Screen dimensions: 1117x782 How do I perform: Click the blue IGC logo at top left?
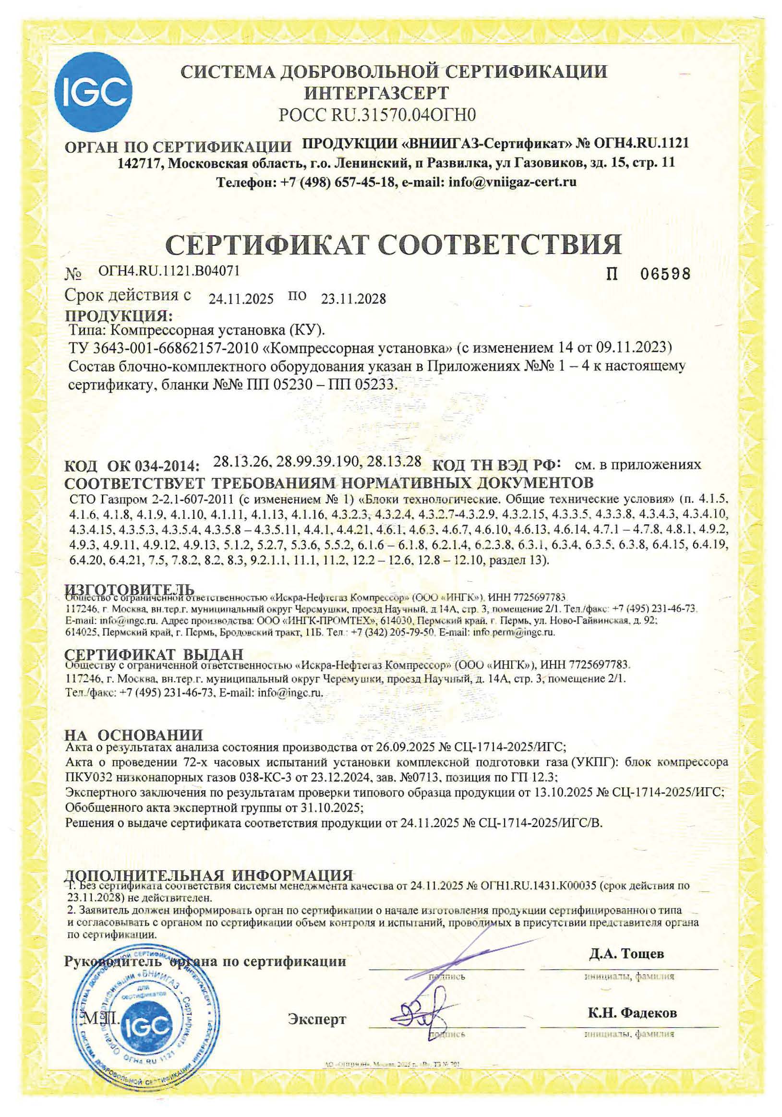click(93, 93)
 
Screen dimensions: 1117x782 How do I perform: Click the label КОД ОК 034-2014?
click(132, 466)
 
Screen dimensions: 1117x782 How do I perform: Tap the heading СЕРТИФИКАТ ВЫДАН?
click(154, 654)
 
